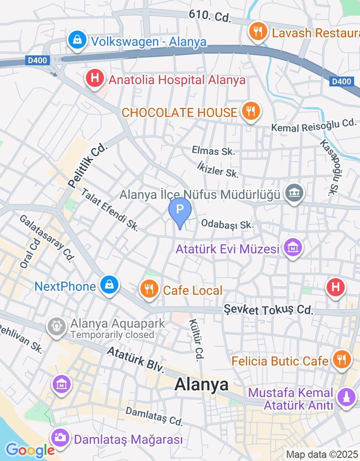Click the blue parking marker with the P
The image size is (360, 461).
click(180, 210)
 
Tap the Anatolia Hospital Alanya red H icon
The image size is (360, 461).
click(94, 79)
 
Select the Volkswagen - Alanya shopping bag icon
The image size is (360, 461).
click(78, 40)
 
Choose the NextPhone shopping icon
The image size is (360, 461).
click(109, 285)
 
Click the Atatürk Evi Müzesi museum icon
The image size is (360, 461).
click(293, 248)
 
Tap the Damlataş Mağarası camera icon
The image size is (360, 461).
click(59, 438)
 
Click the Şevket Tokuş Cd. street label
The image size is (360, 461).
click(268, 310)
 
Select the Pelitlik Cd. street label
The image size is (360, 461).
click(88, 166)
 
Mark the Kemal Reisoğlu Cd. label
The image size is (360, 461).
click(313, 125)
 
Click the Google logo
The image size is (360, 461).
click(30, 449)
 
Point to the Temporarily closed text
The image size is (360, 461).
click(112, 335)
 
